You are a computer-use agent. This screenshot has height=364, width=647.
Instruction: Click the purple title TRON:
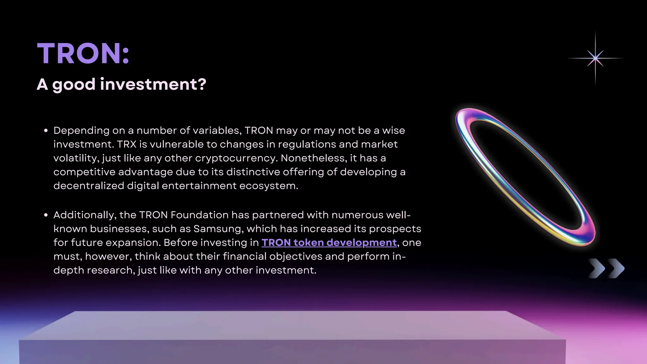point(83,53)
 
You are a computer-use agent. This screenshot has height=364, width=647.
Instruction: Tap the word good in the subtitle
point(74,85)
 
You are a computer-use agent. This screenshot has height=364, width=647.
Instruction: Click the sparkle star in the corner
point(595,58)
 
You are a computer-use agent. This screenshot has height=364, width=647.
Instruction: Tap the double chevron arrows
point(606,269)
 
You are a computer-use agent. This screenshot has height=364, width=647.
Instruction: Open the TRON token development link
point(329,243)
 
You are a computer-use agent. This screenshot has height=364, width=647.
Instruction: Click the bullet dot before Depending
point(46,130)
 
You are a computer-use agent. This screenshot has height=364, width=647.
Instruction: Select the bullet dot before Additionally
point(46,215)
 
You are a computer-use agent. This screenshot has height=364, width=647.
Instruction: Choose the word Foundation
point(199,215)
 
